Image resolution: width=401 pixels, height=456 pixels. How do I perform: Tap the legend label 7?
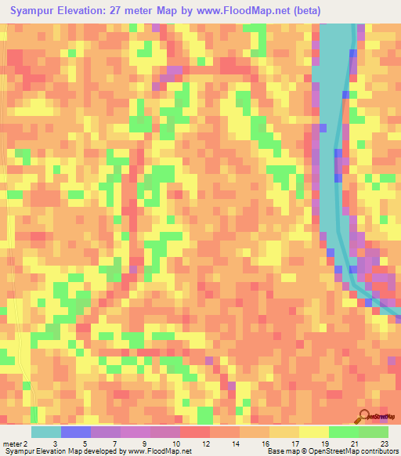tap(115, 443)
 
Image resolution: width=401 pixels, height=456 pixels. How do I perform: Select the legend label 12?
tap(206, 443)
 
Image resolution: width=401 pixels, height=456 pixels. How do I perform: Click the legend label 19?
tap(324, 443)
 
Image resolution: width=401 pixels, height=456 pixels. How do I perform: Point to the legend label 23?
tap(384, 443)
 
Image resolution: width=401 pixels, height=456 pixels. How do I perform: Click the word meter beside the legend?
tap(12, 443)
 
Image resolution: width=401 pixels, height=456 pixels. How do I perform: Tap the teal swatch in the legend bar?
tap(45, 432)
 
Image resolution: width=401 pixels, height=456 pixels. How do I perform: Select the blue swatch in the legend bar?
tap(75, 432)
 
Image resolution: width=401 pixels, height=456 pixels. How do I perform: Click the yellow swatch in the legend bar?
tap(313, 432)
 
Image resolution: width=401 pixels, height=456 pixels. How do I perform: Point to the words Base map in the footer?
tap(281, 451)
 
